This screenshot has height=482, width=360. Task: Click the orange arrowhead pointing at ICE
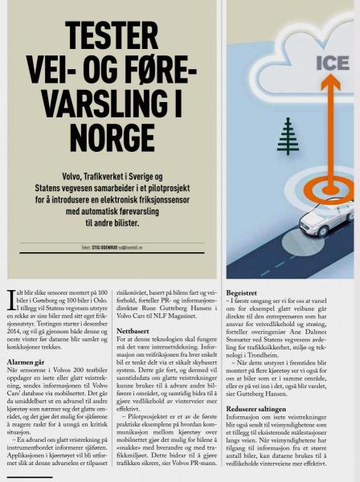pyautogui.click(x=316, y=89)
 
